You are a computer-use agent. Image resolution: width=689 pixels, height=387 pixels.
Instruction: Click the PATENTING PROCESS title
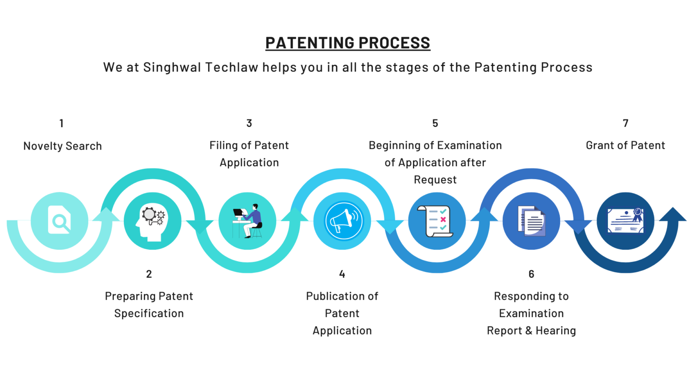(348, 43)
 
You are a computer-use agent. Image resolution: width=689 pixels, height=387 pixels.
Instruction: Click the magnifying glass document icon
(59, 220)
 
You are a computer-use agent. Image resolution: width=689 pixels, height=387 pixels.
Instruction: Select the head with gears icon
(153, 220)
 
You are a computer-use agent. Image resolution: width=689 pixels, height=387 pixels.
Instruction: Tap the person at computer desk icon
(248, 221)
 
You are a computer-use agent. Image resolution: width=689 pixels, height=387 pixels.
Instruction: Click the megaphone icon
(342, 221)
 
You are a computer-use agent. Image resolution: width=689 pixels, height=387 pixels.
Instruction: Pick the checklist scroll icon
(436, 221)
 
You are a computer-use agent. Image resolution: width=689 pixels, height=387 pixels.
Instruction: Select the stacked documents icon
(531, 221)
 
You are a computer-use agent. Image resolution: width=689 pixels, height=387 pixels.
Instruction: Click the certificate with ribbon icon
(626, 220)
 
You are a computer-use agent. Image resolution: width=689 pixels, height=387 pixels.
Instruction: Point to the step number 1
(61, 123)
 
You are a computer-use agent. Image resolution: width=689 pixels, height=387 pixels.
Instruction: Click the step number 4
(342, 274)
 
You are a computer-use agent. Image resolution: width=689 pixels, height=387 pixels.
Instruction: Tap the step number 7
(626, 123)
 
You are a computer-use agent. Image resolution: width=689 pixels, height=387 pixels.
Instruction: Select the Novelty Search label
(62, 146)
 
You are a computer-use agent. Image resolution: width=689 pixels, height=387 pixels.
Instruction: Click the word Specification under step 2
(149, 314)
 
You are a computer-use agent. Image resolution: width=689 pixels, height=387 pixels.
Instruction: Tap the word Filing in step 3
(223, 146)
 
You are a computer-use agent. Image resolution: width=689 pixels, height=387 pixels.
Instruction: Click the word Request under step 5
(435, 180)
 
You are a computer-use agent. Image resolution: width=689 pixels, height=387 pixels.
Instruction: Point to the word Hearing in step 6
(556, 331)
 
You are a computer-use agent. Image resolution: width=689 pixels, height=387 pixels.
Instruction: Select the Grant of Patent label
(625, 146)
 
